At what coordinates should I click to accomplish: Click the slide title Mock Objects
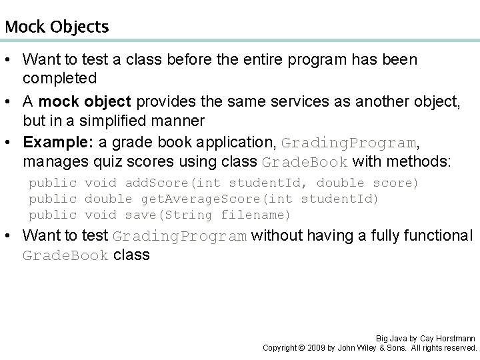tap(56, 27)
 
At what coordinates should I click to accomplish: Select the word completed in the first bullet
tap(60, 78)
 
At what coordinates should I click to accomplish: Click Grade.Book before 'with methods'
tap(304, 162)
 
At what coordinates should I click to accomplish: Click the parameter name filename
tap(255, 215)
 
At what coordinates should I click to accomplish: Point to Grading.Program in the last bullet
tap(181, 236)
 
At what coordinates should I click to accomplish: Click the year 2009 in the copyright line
tap(319, 348)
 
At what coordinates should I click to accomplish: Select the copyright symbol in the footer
tap(301, 348)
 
